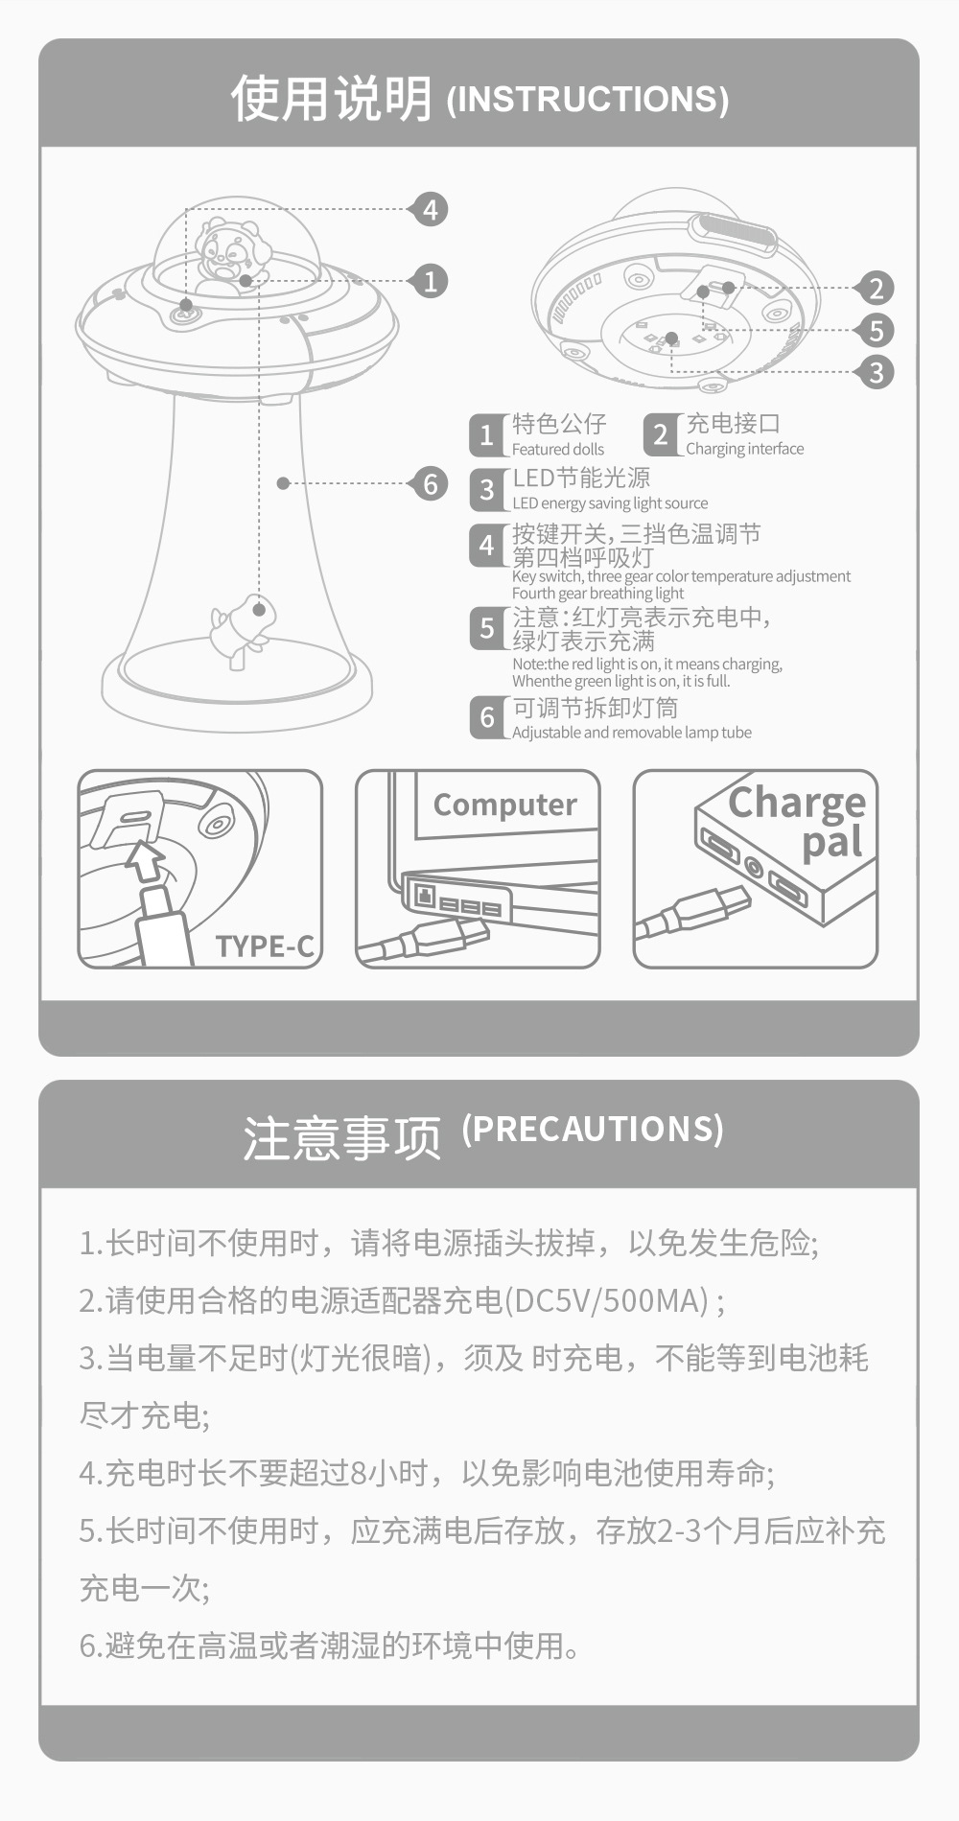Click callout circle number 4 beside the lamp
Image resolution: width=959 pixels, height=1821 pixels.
pyautogui.click(x=429, y=209)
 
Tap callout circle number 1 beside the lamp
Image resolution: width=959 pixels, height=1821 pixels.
pyautogui.click(x=429, y=280)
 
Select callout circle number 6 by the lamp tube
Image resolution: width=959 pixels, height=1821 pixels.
pyautogui.click(x=429, y=483)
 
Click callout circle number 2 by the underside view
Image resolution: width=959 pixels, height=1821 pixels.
pyautogui.click(x=875, y=288)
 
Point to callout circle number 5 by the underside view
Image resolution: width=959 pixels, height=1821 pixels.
pyautogui.click(x=875, y=330)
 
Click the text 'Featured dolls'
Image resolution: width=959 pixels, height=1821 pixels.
pyautogui.click(x=557, y=449)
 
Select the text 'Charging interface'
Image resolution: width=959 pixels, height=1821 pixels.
pyautogui.click(x=744, y=449)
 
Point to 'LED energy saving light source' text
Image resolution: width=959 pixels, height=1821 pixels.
pyautogui.click(x=609, y=503)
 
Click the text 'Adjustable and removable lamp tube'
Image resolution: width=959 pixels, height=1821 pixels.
pyautogui.click(x=631, y=733)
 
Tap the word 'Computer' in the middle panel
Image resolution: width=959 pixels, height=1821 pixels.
pyautogui.click(x=504, y=805)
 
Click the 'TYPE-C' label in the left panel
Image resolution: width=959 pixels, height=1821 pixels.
pyautogui.click(x=265, y=946)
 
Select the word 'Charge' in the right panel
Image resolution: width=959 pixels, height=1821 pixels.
pyautogui.click(x=796, y=803)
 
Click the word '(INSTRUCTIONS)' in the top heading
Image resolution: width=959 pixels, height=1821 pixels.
pyautogui.click(x=587, y=99)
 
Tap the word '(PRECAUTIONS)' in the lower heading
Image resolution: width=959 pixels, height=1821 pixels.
pyautogui.click(x=592, y=1129)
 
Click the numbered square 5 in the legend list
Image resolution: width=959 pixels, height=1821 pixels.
pyautogui.click(x=486, y=628)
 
